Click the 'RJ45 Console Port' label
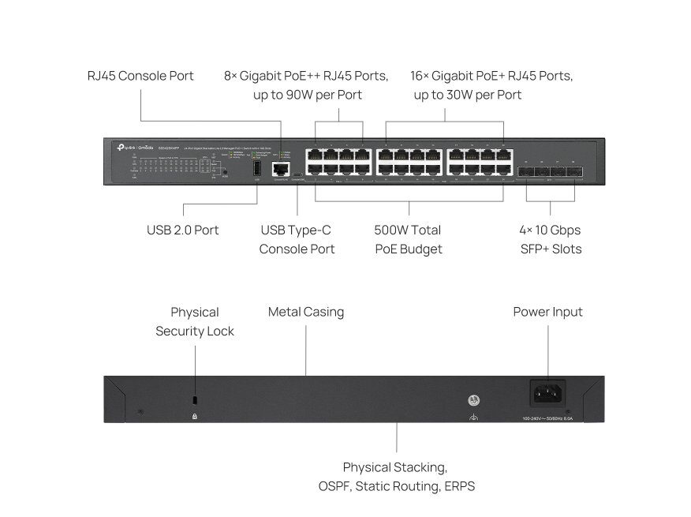[140, 76]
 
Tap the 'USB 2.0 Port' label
[182, 230]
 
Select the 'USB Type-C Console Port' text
[297, 239]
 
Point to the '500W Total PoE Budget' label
[407, 239]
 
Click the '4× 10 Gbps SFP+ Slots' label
[550, 239]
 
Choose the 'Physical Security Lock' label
[195, 321]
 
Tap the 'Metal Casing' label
[306, 312]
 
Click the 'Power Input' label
[547, 312]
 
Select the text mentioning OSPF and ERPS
[397, 477]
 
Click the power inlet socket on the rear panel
[547, 392]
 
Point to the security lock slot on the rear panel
[195, 399]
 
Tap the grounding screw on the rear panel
[474, 400]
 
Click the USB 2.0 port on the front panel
[257, 168]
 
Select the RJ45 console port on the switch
[279, 168]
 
